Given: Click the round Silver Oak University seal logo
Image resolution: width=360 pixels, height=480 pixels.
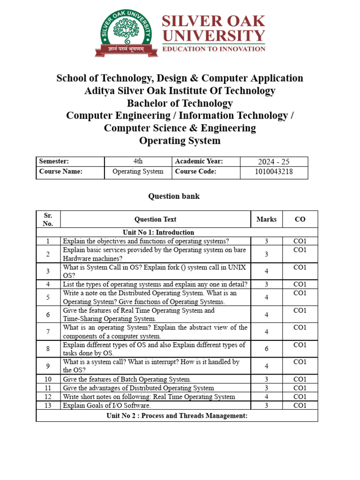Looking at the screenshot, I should click(126, 34).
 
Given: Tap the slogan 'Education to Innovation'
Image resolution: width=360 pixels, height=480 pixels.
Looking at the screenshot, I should click(213, 49).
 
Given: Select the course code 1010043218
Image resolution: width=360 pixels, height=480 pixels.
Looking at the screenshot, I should click(274, 172).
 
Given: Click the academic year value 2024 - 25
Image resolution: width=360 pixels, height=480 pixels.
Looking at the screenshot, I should click(274, 162).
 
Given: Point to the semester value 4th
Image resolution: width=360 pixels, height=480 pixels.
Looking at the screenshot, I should click(138, 161).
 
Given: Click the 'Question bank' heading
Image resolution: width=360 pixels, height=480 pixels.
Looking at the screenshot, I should click(174, 196).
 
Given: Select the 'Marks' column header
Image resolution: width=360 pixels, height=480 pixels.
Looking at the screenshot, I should click(266, 219).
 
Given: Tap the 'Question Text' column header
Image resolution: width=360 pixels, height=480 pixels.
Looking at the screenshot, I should click(155, 219).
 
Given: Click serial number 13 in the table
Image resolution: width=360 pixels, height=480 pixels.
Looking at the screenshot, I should click(48, 405).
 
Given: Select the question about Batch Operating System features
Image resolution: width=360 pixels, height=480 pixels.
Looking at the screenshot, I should click(127, 379).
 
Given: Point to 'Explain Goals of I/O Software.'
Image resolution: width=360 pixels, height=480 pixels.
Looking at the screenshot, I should click(107, 405).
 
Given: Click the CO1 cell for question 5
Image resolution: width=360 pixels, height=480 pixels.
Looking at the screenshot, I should click(300, 293).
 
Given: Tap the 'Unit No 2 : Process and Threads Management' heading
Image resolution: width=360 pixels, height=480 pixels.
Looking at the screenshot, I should click(177, 415).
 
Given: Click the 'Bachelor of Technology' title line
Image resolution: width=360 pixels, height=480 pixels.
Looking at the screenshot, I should click(180, 103).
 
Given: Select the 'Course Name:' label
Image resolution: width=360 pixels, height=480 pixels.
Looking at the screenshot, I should click(61, 172).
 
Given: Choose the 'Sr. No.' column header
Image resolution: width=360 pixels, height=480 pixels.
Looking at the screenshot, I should click(48, 219).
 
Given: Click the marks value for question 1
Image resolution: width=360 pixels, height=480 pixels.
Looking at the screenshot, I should click(266, 241).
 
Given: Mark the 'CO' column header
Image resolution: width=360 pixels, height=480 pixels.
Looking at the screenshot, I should click(300, 219).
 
